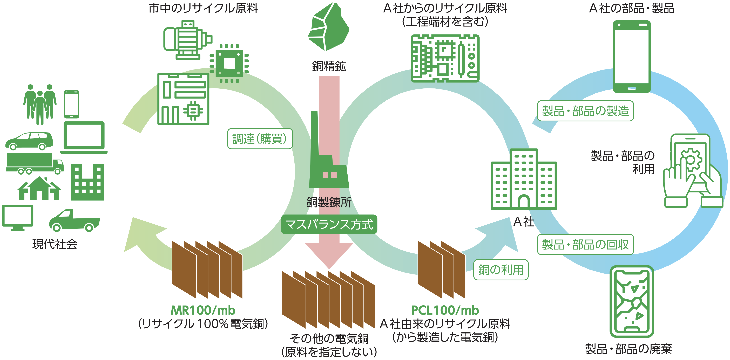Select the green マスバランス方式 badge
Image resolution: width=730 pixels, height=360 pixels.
[329, 224]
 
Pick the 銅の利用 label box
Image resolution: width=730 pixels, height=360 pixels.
[501, 270]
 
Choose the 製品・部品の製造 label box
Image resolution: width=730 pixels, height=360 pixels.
[585, 111]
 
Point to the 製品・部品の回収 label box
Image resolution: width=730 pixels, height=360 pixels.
[585, 244]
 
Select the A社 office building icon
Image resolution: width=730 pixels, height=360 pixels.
[524, 180]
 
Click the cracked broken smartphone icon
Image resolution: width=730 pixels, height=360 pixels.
[632, 302]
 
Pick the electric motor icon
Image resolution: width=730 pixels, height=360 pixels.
[187, 40]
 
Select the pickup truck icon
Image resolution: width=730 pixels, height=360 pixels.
[74, 221]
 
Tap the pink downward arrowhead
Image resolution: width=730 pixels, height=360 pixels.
[329, 255]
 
